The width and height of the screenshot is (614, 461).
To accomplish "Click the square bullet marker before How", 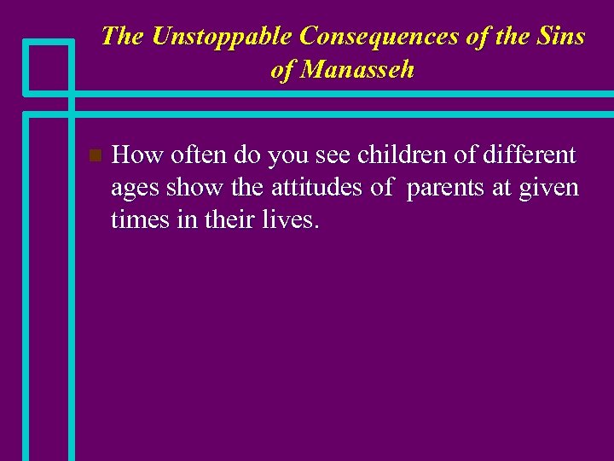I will [x=95, y=155].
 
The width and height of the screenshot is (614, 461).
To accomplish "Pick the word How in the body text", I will [x=137, y=155].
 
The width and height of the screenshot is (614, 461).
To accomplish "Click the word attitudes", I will [x=318, y=188].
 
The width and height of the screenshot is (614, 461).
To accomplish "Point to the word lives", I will [x=290, y=220].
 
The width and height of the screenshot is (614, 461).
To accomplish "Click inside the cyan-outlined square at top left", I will [x=48, y=67].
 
